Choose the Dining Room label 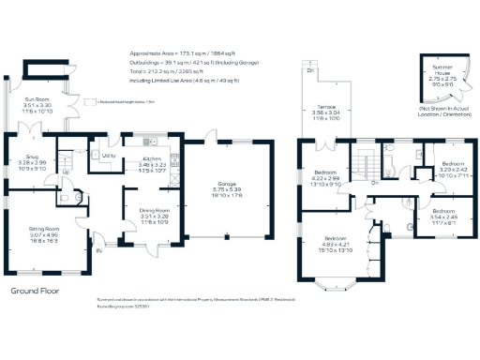(155, 215)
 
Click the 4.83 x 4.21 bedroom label (337, 245)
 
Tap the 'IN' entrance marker (97, 249)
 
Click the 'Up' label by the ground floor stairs (66, 172)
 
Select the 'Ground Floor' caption (36, 291)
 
